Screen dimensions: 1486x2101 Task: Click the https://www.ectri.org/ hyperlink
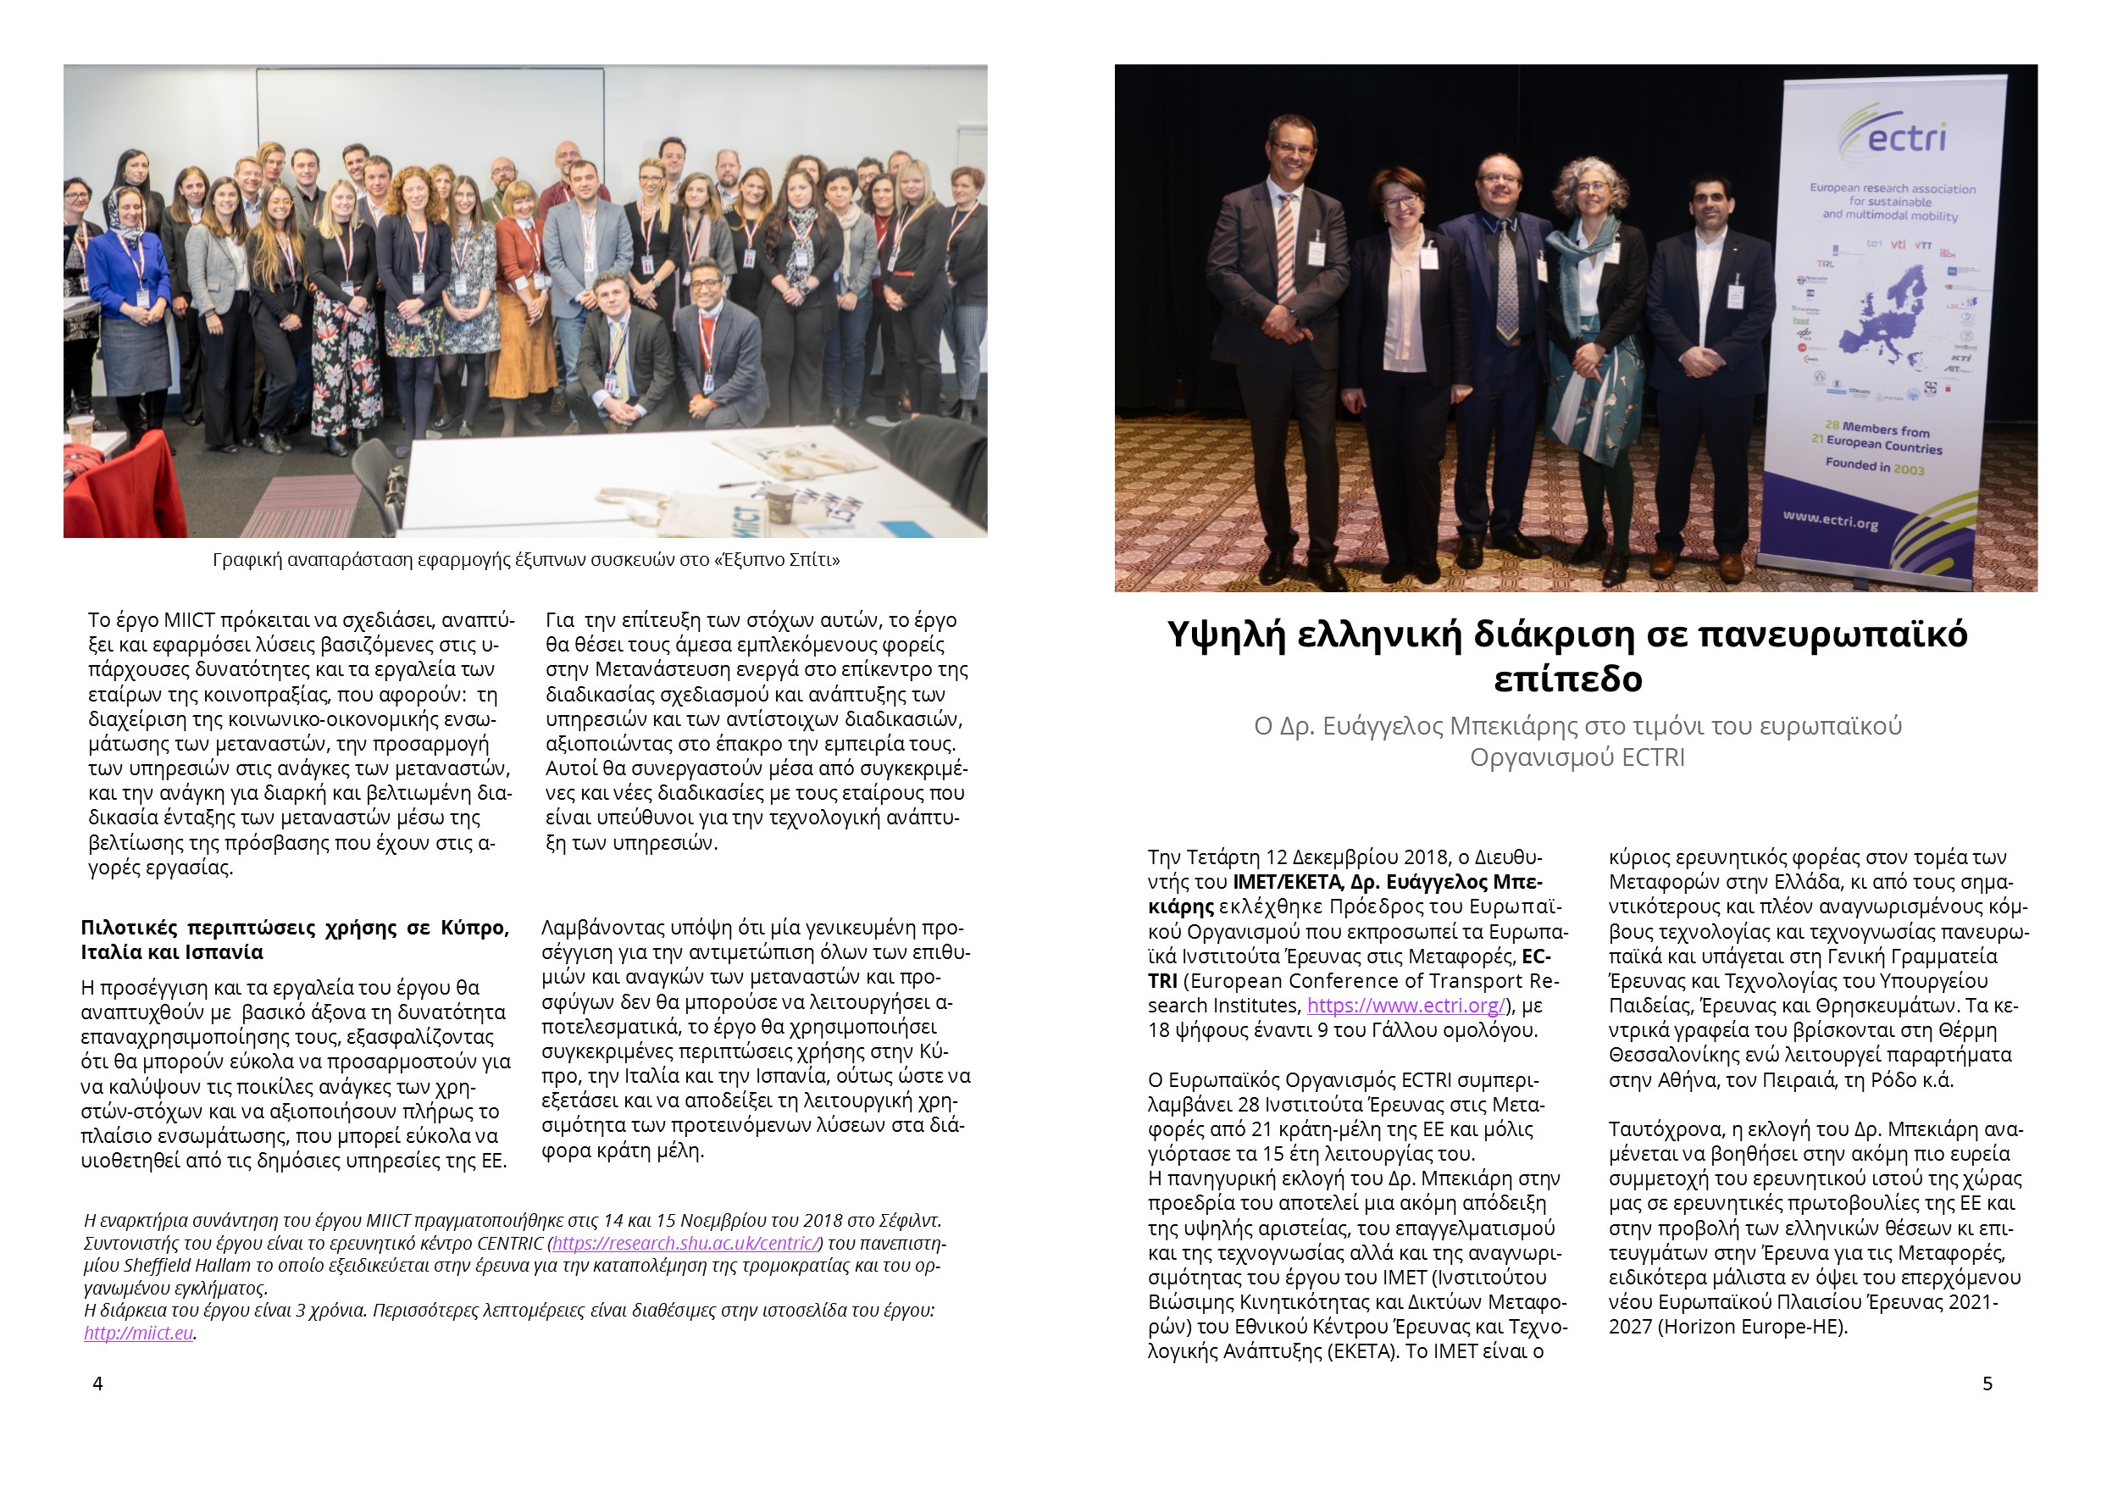1405,1006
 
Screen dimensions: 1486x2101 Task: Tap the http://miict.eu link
138,1334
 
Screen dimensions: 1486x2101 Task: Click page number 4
98,1383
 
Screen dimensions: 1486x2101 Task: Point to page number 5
1987,1383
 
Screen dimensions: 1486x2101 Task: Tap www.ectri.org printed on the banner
1830,519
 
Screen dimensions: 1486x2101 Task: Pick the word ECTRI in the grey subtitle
1653,757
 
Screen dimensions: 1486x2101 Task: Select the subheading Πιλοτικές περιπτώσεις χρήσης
295,940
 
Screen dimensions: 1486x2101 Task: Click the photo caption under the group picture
526,560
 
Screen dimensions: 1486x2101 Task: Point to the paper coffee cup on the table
779,503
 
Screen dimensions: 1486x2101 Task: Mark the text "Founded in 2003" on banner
1874,466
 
